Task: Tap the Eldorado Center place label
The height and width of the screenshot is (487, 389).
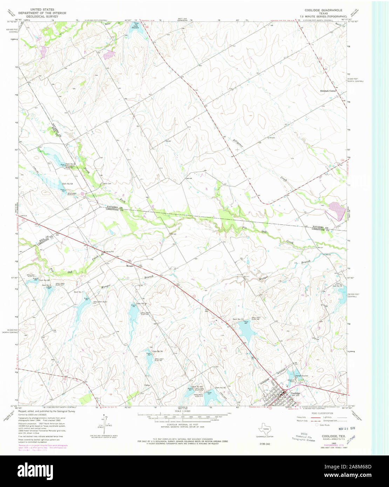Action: coord(328,91)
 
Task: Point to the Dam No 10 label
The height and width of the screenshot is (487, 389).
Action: coord(238,319)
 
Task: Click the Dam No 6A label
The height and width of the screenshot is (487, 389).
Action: coord(67,184)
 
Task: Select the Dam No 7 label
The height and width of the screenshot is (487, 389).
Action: coord(78,292)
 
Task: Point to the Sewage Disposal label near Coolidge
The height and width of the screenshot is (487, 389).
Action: coord(301,376)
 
